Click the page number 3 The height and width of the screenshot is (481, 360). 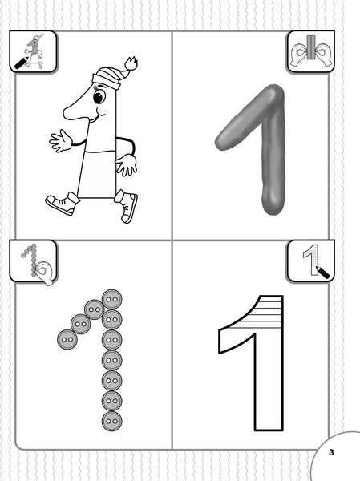click(331, 452)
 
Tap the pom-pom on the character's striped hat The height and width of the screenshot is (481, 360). click(131, 63)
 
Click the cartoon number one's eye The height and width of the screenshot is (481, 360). click(99, 97)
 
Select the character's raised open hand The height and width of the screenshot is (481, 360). click(60, 141)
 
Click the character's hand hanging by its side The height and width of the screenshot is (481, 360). click(126, 164)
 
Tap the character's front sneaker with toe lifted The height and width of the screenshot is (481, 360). click(126, 206)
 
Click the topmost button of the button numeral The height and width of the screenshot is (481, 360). click(112, 299)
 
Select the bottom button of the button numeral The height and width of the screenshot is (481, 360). click(112, 421)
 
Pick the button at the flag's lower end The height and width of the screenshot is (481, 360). click(67, 339)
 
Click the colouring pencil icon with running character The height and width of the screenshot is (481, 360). click(33, 51)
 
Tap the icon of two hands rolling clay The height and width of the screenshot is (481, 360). click(311, 51)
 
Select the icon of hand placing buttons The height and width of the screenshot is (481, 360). click(34, 261)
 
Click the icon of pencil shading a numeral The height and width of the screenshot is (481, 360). click(311, 261)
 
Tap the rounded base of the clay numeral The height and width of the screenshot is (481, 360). click(273, 203)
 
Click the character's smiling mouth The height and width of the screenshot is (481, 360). click(100, 115)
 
